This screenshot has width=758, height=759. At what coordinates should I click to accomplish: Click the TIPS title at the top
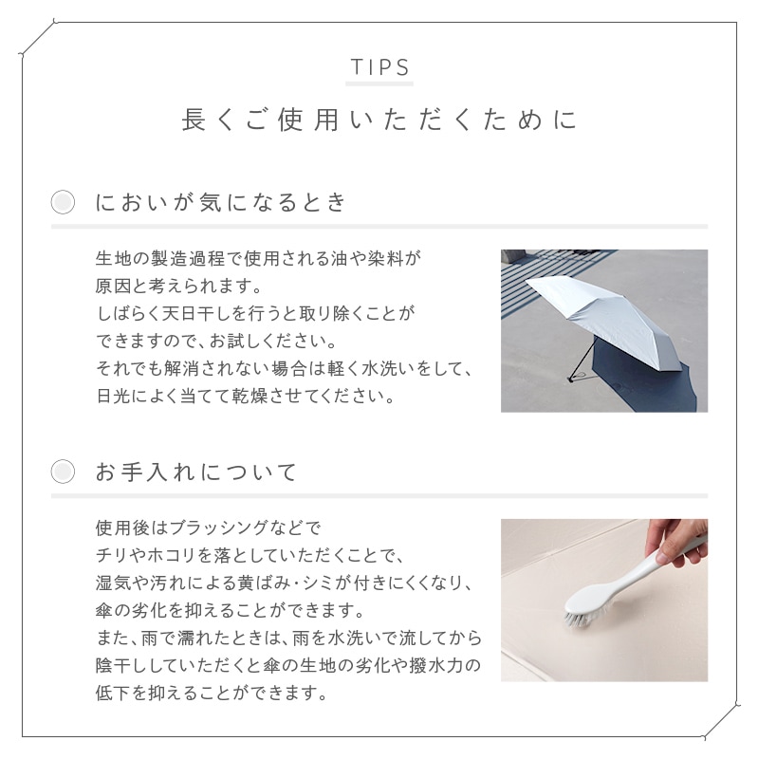[380, 67]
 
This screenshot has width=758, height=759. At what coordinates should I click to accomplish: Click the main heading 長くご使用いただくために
[379, 120]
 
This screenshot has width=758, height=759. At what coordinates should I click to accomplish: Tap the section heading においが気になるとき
[221, 202]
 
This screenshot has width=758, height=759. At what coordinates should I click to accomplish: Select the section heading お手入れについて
[196, 472]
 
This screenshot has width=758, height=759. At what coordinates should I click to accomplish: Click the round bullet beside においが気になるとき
[63, 202]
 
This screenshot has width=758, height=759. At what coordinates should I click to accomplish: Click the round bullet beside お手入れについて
[63, 472]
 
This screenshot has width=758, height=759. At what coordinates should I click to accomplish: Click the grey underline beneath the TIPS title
[379, 83]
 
